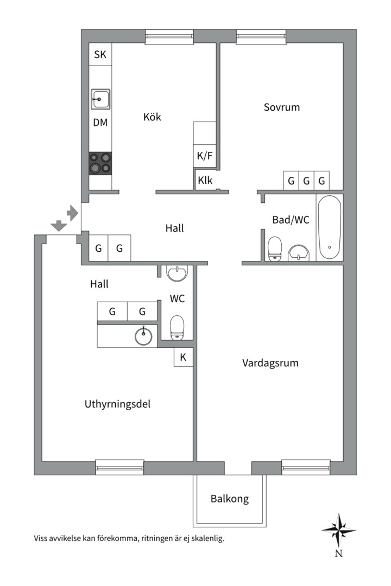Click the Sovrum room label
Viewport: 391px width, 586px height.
click(x=281, y=107)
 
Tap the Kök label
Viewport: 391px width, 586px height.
click(x=152, y=117)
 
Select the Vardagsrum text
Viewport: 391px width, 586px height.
click(x=270, y=363)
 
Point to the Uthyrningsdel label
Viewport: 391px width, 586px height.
click(x=117, y=404)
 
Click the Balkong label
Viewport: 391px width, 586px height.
click(x=230, y=499)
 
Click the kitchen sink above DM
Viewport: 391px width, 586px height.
click(x=100, y=100)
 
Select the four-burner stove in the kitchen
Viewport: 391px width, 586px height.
click(x=100, y=163)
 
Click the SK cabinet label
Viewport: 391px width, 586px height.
click(x=100, y=54)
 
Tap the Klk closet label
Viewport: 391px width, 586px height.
click(x=205, y=181)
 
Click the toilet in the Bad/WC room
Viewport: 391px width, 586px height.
click(x=275, y=249)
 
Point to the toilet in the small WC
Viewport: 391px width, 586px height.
click(x=178, y=328)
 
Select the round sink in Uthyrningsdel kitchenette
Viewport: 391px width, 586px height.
click(x=144, y=336)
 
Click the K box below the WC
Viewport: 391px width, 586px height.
click(x=183, y=358)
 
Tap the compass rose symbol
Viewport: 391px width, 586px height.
click(x=338, y=530)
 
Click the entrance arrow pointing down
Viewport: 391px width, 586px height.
click(x=56, y=225)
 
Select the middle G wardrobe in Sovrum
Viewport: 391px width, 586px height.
click(x=306, y=181)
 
